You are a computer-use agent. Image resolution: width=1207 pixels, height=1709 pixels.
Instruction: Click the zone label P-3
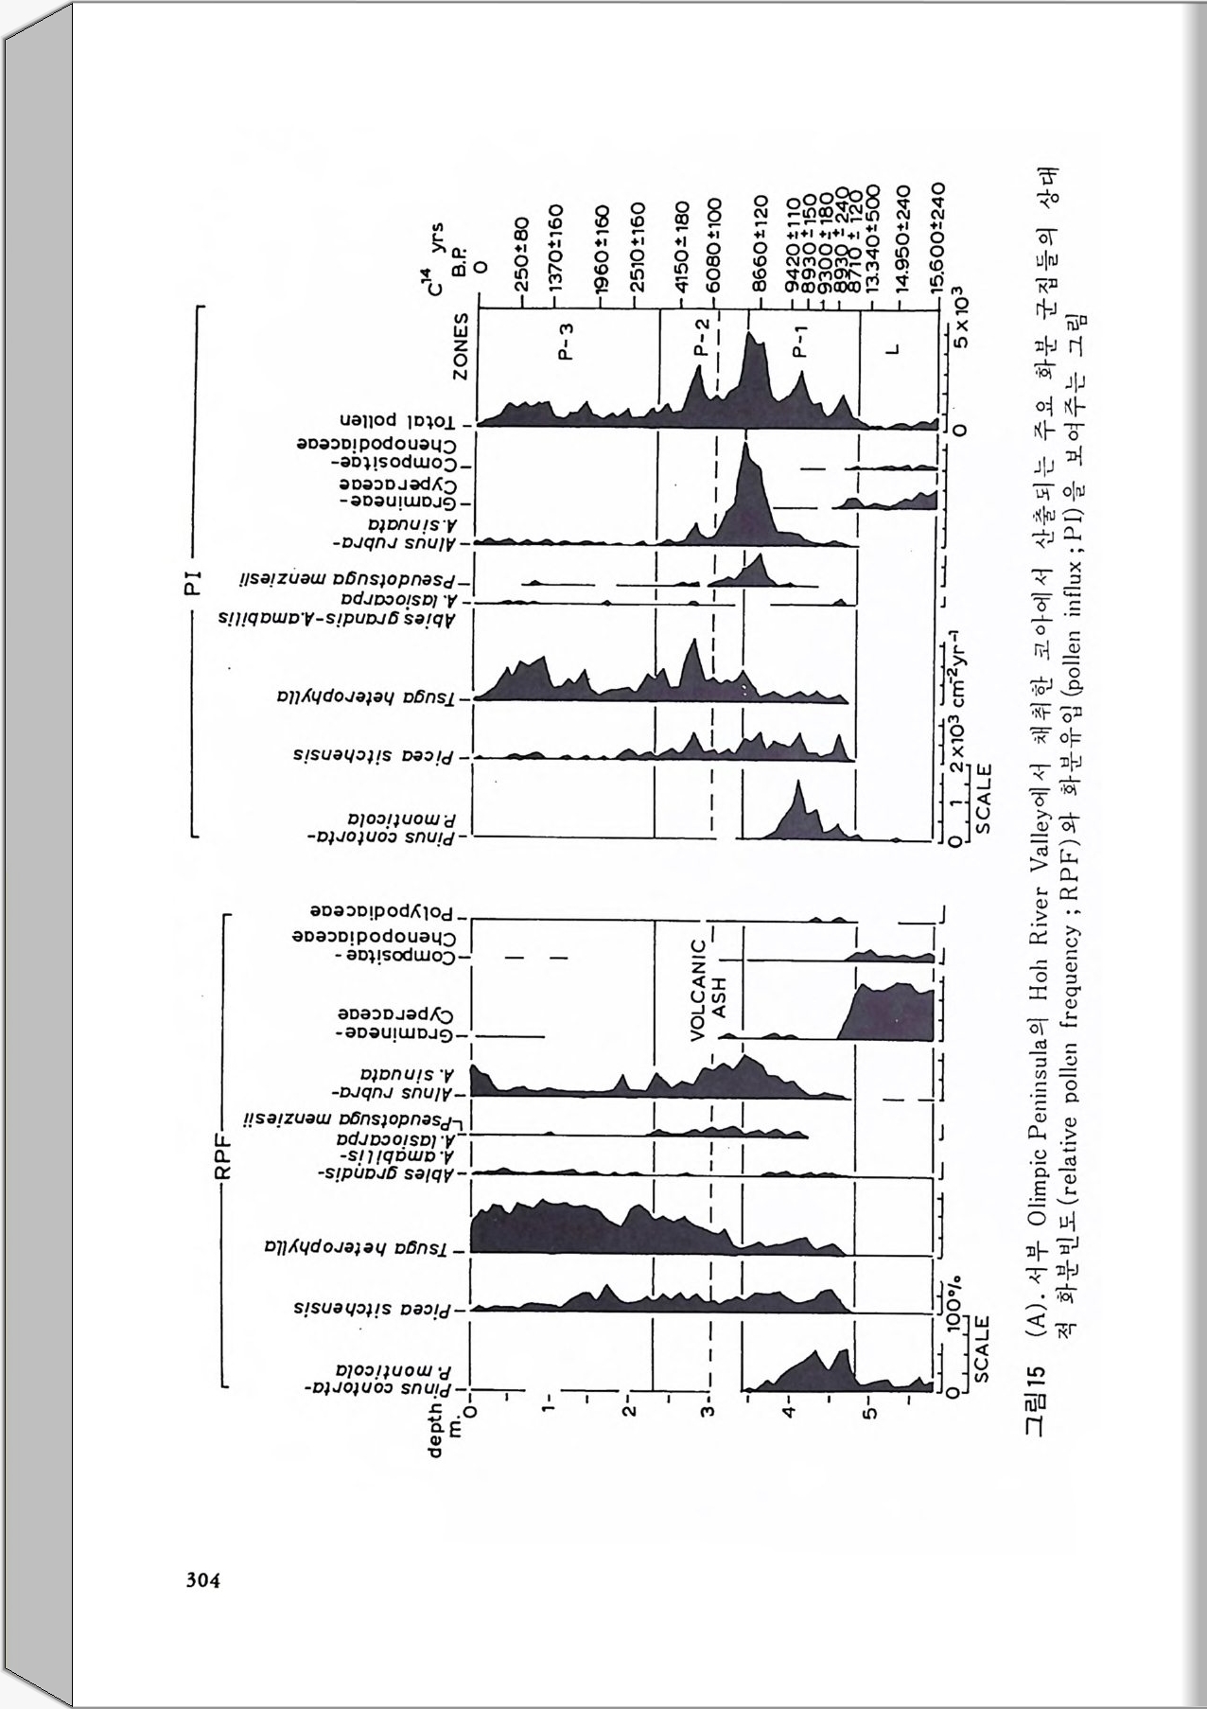coord(566,341)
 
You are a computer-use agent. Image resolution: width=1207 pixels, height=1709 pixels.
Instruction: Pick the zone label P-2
coord(699,337)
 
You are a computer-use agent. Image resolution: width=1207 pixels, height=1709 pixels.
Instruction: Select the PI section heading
coord(194,583)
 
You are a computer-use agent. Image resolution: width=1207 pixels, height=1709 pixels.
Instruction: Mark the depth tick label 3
coord(707,1412)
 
